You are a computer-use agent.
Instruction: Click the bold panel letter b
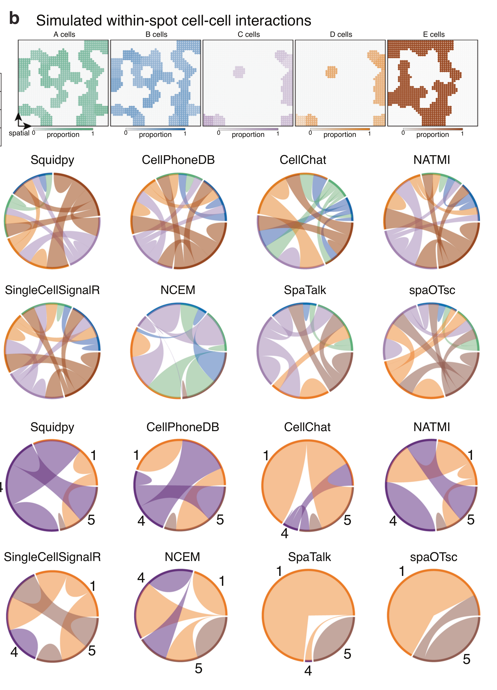coord(14,19)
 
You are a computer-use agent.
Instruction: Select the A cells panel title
coord(64,34)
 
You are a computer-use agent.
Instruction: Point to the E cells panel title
coord(434,34)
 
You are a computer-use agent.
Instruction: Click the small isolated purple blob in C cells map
coord(239,72)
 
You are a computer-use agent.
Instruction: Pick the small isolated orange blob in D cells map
coord(331,72)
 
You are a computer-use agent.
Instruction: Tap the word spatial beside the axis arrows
coord(19,133)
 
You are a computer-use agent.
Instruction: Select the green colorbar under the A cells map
coord(63,129)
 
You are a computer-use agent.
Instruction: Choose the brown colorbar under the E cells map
coord(432,129)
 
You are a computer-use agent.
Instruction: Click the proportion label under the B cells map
coord(155,134)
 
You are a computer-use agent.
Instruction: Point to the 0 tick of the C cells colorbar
coord(218,133)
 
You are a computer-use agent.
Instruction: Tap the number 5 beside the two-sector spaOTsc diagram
coord(466,659)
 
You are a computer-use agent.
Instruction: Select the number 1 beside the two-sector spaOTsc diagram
coord(402,571)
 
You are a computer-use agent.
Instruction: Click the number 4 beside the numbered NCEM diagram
coord(141,577)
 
